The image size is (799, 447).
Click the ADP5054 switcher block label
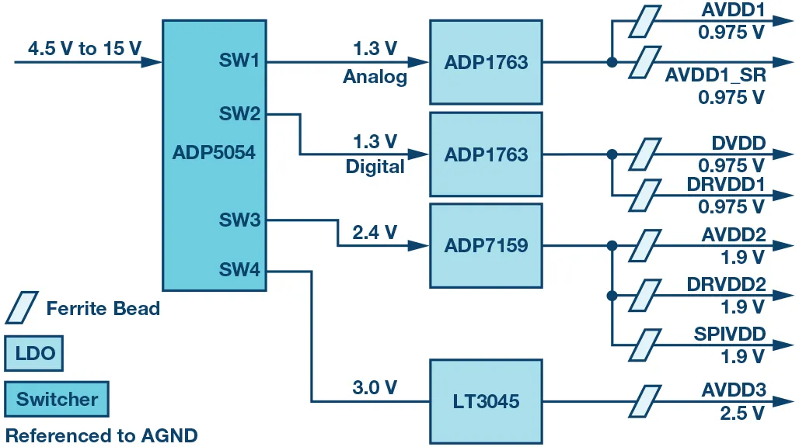[213, 153]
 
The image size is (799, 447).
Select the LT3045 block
[486, 401]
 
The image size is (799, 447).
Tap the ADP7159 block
[486, 246]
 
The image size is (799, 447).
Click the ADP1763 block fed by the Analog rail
[486, 62]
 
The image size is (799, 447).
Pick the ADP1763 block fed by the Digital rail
[486, 154]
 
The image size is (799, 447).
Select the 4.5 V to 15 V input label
[85, 49]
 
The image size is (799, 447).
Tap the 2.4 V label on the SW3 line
[375, 232]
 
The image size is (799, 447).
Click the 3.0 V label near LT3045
[375, 388]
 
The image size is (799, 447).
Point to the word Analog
[375, 78]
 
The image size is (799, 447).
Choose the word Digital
[375, 167]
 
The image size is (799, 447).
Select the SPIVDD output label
[730, 334]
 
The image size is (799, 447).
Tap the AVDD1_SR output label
[715, 76]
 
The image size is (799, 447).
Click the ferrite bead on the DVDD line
[644, 154]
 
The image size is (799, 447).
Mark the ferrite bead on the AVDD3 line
[644, 401]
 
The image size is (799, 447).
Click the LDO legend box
[35, 354]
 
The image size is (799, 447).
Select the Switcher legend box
[57, 400]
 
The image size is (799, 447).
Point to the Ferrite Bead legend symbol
[21, 308]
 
